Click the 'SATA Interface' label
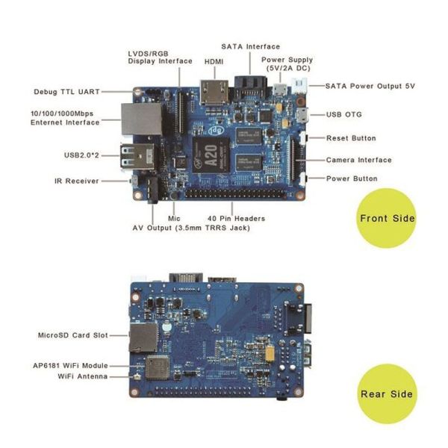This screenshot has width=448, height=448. pyautogui.click(x=250, y=46)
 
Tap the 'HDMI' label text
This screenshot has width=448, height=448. pyautogui.click(x=214, y=61)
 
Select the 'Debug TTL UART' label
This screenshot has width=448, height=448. pyautogui.click(x=67, y=92)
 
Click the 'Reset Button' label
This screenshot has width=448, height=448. pyautogui.click(x=352, y=138)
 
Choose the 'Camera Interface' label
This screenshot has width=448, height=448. pyautogui.click(x=359, y=160)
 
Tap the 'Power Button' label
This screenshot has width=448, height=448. pyautogui.click(x=352, y=178)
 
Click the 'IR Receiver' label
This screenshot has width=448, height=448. pyautogui.click(x=77, y=180)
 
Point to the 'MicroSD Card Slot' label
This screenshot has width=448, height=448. pyautogui.click(x=72, y=335)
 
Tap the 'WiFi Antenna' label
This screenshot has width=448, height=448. pyautogui.click(x=82, y=376)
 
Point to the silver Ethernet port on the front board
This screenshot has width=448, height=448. pyautogui.click(x=141, y=118)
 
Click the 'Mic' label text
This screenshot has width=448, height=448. pyautogui.click(x=174, y=218)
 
